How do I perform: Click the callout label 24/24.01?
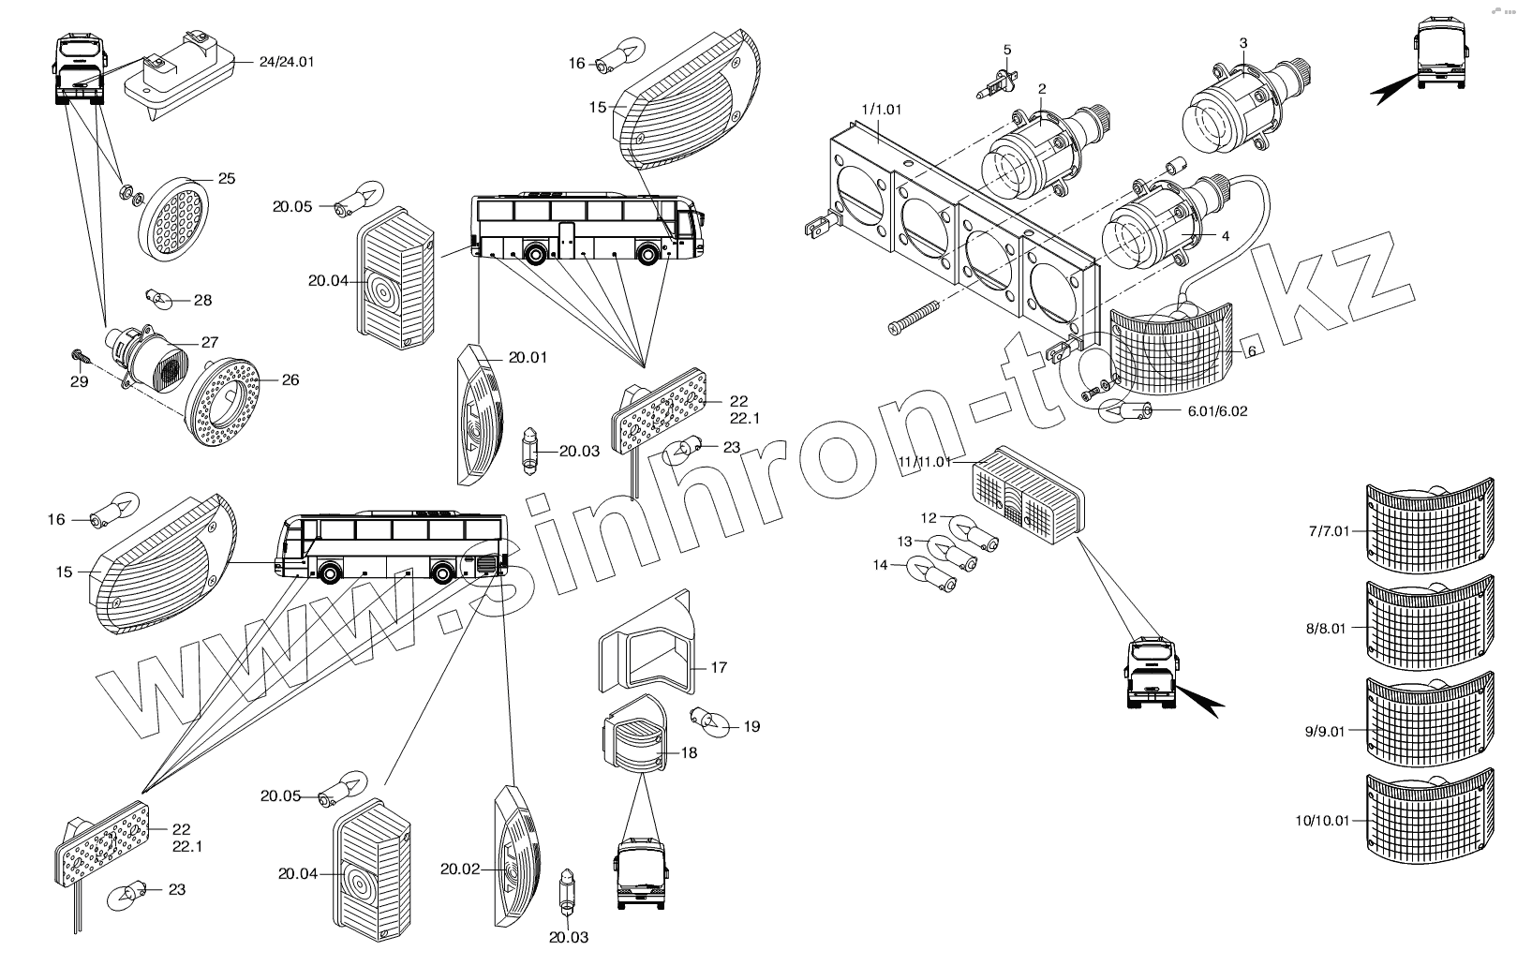(x=288, y=62)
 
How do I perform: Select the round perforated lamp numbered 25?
(x=174, y=217)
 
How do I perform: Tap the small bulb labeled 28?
(x=157, y=299)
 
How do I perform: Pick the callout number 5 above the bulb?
(x=1007, y=49)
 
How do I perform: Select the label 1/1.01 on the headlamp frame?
(x=880, y=109)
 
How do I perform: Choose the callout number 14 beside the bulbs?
(x=880, y=565)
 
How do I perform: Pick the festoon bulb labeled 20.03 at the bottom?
(x=566, y=891)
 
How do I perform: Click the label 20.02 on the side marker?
(x=459, y=869)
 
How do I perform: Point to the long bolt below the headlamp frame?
(x=922, y=315)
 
